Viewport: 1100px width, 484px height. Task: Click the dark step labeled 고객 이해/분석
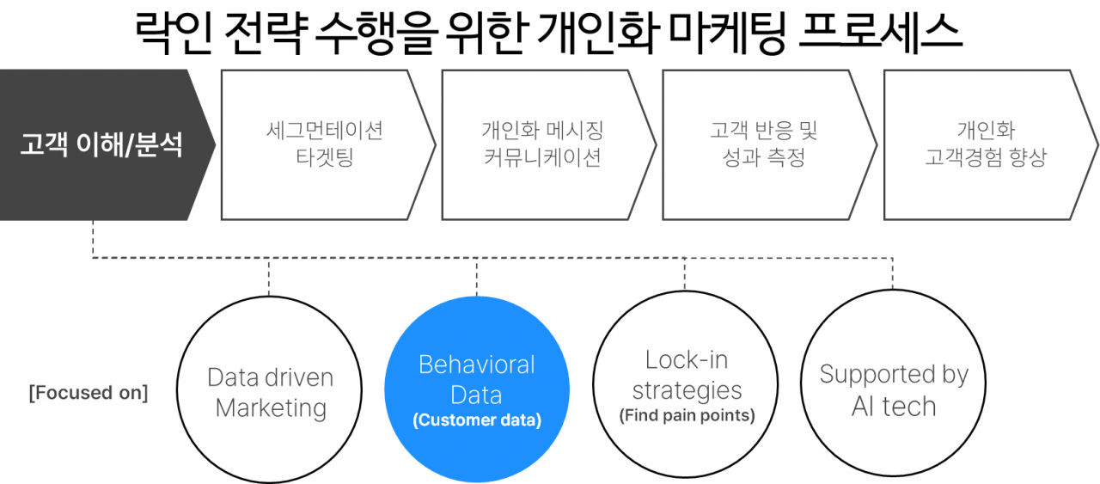[101, 144]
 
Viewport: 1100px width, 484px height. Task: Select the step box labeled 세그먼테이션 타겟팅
[325, 144]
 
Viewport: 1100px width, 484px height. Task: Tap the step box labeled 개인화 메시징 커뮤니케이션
[542, 144]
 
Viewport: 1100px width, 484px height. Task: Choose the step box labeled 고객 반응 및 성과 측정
[763, 144]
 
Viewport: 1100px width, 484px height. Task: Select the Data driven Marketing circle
[270, 391]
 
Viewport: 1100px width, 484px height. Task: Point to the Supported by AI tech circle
[893, 389]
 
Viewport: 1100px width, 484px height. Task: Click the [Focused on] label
[89, 393]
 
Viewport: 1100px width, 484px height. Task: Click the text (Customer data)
[477, 421]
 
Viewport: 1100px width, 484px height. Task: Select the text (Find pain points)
[687, 416]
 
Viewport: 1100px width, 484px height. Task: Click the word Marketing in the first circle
[271, 407]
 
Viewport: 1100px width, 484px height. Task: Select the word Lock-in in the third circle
[686, 359]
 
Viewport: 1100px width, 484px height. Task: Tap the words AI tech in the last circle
[893, 405]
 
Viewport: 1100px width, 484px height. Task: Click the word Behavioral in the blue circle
[477, 365]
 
